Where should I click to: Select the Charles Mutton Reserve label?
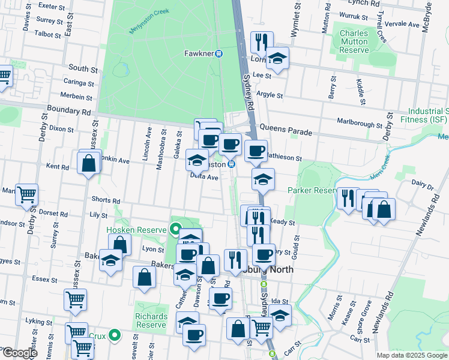(354, 42)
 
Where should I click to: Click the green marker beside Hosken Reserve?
(175, 229)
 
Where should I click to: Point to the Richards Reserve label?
(151, 320)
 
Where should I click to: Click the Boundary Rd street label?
(70, 111)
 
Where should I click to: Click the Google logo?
(19, 353)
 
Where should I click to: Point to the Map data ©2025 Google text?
(412, 355)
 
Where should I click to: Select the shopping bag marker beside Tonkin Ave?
(89, 163)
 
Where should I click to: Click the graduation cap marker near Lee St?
(277, 59)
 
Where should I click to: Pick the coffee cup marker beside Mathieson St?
(256, 151)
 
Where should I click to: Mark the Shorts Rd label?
(106, 200)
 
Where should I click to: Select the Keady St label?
(284, 222)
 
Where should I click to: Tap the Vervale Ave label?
(405, 25)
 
